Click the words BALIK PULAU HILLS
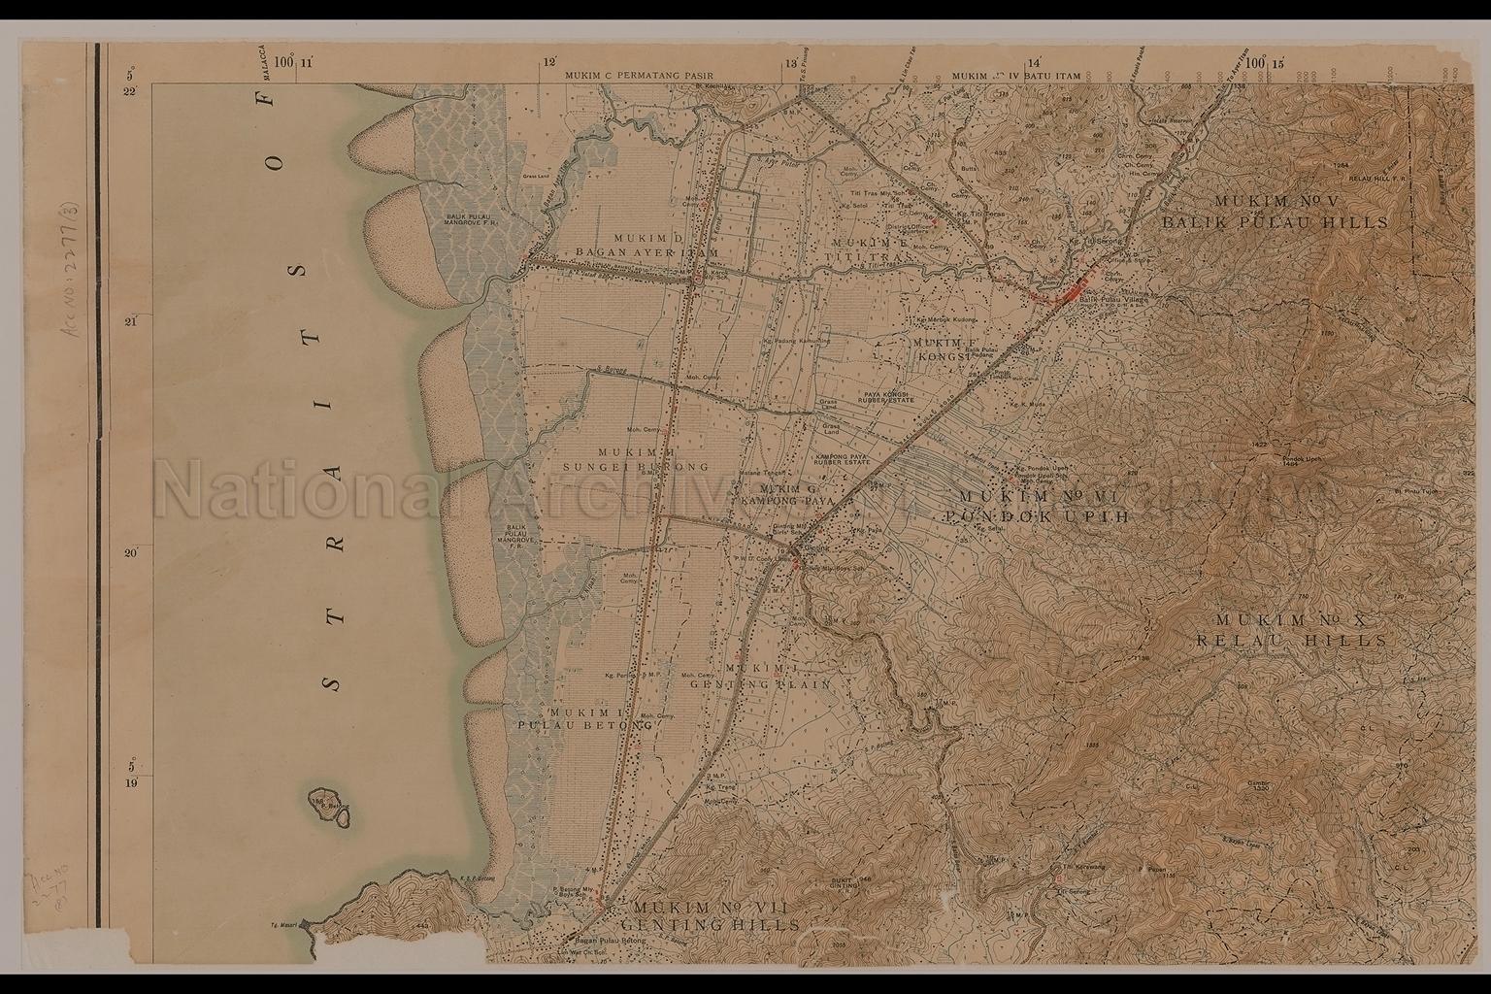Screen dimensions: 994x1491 point(1276,222)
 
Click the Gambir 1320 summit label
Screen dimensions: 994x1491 point(1258,784)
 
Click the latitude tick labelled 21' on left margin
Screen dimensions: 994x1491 point(131,321)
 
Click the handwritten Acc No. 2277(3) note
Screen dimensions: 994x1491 point(76,291)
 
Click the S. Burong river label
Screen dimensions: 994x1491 point(610,369)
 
